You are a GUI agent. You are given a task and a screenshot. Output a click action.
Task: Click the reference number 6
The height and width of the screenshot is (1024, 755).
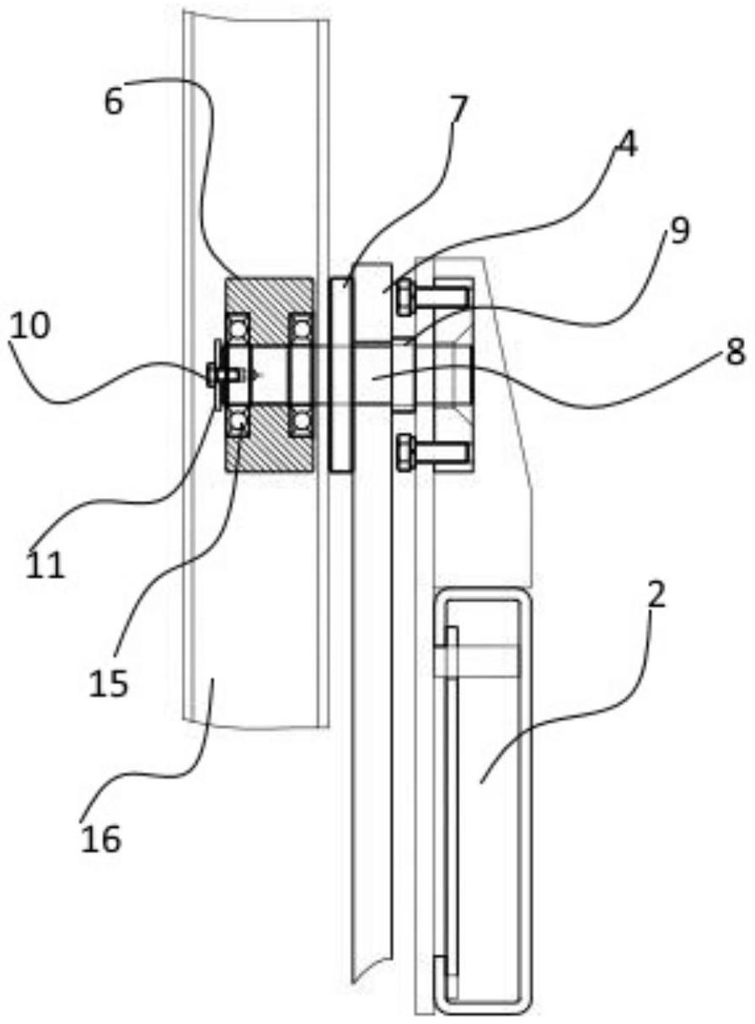pyautogui.click(x=114, y=103)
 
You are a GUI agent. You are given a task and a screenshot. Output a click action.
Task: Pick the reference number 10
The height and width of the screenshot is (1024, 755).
pyautogui.click(x=29, y=326)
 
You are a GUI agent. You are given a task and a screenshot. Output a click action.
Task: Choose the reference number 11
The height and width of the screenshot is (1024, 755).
pyautogui.click(x=45, y=566)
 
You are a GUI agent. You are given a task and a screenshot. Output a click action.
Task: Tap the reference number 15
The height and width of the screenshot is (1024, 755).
pyautogui.click(x=109, y=684)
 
